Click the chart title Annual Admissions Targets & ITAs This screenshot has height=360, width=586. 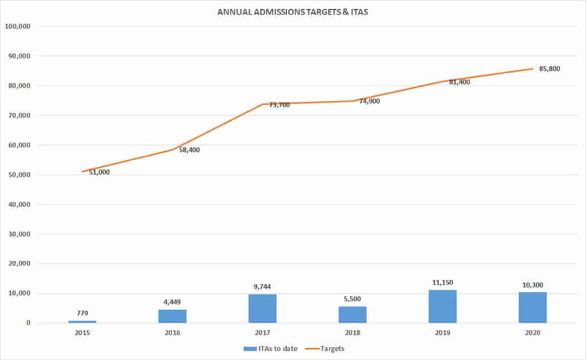292,11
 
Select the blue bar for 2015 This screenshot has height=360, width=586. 82,322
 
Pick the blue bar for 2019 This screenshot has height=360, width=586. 442,307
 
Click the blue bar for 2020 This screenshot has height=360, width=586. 532,308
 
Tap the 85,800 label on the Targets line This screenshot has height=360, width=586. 549,69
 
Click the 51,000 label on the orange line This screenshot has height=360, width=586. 99,172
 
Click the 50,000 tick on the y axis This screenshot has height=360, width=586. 22,175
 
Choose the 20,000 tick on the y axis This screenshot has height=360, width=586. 22,264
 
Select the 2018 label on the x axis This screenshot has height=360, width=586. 353,332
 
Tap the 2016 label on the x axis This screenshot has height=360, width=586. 172,332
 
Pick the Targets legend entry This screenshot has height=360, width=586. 330,348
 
